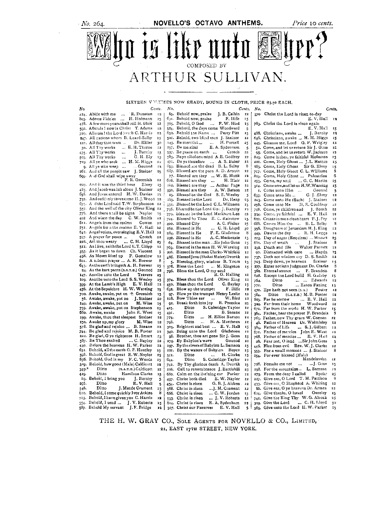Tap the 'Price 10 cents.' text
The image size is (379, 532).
312,23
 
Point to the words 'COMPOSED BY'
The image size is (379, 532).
206,65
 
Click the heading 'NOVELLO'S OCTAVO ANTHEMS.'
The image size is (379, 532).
208,23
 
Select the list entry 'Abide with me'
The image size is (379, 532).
103,114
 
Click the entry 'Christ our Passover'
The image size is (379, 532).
195,407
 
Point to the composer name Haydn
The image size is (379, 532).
321,252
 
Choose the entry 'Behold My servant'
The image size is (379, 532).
106,407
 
